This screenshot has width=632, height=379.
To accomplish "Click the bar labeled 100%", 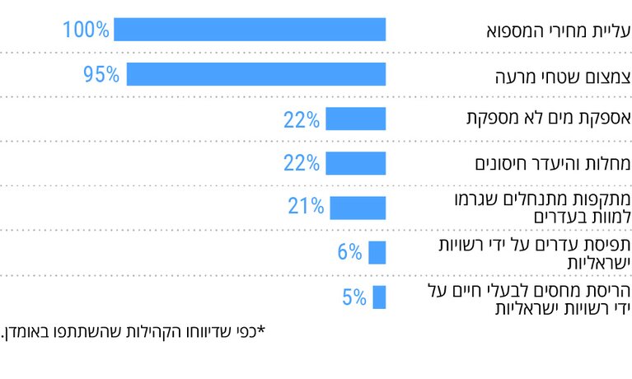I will (249, 30).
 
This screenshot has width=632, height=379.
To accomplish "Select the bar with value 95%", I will (255, 74).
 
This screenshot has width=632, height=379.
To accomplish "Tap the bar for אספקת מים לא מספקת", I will (355, 119).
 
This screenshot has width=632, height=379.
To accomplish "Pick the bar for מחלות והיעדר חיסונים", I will (355, 163).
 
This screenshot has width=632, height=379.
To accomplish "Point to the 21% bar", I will (357, 207).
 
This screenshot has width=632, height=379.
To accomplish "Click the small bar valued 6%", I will (377, 252).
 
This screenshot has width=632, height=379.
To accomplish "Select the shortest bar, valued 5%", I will (378, 297).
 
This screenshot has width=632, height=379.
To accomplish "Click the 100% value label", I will (86, 30).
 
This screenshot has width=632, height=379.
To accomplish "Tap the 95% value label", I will (101, 75).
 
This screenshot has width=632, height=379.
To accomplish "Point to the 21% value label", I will (305, 207).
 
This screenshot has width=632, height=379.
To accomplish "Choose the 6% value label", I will (349, 252).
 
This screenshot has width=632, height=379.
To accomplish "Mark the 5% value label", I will (353, 297).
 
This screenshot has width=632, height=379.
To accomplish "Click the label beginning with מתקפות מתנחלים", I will (542, 208).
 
